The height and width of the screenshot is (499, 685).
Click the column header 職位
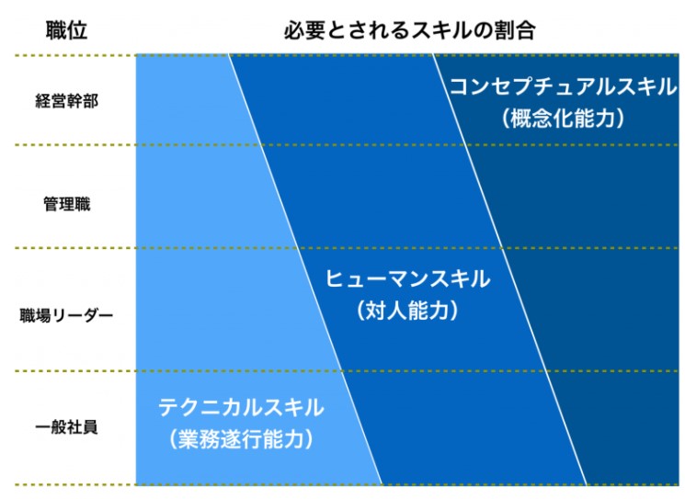[66, 30]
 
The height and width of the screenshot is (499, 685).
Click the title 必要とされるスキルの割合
[410, 30]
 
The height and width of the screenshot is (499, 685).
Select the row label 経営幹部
[66, 101]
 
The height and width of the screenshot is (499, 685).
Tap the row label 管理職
[66, 204]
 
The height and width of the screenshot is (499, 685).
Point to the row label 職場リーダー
[66, 315]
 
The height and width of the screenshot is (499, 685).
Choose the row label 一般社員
[66, 426]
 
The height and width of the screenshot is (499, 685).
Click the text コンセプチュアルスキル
[563, 86]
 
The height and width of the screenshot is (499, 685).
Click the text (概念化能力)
[563, 118]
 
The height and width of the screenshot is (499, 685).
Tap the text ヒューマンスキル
[407, 278]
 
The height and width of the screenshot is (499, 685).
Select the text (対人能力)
[407, 311]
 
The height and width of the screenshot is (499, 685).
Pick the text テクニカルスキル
[241, 407]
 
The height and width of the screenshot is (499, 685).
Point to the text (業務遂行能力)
[241, 438]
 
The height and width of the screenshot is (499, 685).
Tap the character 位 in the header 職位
[77, 30]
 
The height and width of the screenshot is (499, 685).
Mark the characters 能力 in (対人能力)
[428, 311]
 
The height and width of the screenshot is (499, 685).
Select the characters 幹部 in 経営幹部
[83, 101]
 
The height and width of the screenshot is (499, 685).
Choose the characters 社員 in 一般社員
[83, 426]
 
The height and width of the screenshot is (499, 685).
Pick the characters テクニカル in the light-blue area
[210, 407]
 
